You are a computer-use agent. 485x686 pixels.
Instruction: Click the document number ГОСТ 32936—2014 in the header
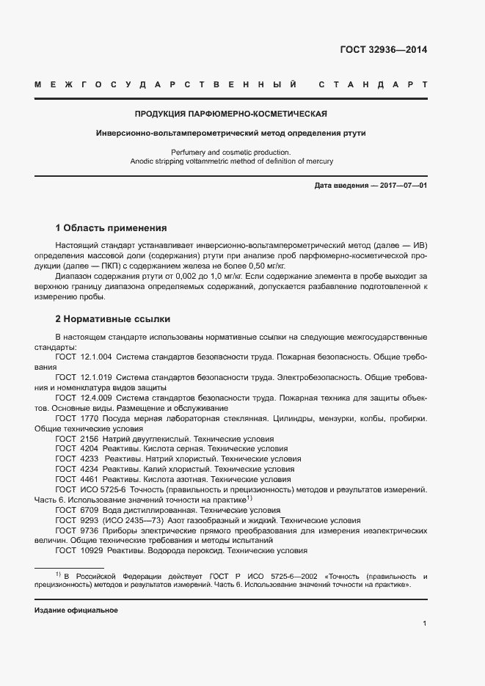pyautogui.click(x=384, y=51)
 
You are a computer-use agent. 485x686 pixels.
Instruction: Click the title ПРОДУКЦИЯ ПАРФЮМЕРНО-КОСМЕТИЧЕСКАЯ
pyautogui.click(x=230, y=114)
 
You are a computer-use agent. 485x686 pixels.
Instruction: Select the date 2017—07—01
pyautogui.click(x=401, y=186)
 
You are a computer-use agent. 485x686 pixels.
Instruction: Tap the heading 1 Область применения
pyautogui.click(x=112, y=228)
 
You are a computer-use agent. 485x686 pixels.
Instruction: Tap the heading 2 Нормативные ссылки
pyautogui.click(x=113, y=319)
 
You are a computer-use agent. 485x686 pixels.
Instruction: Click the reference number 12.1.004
pyautogui.click(x=95, y=356)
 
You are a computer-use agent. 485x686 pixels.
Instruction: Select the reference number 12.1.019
pyautogui.click(x=95, y=376)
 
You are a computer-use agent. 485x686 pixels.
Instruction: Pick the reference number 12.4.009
pyautogui.click(x=95, y=397)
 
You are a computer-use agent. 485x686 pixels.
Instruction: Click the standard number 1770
pyautogui.click(x=88, y=417)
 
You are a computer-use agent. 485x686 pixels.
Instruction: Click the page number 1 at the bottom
pyautogui.click(x=425, y=624)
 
